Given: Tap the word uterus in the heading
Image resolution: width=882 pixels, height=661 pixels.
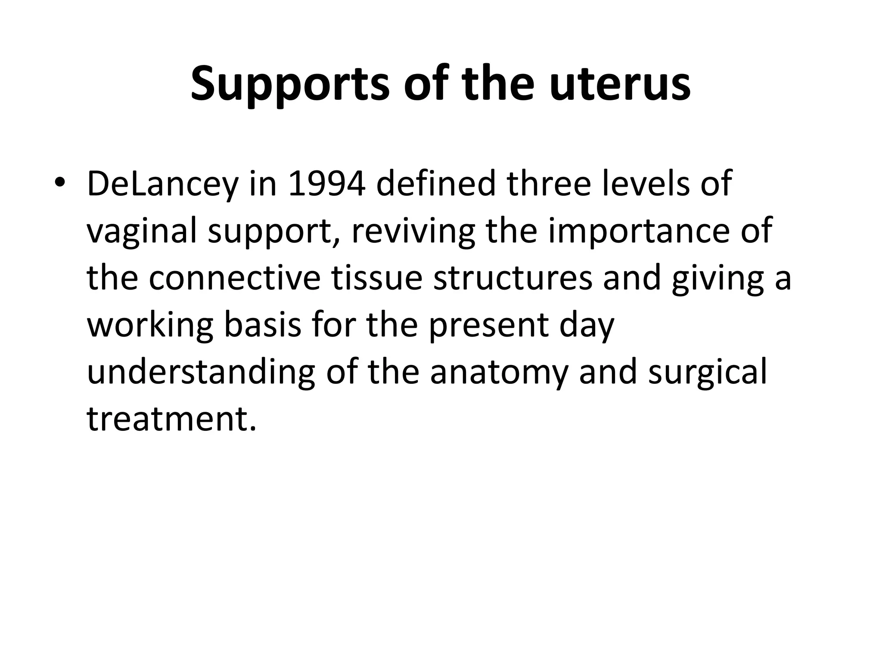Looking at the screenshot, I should pos(620,84).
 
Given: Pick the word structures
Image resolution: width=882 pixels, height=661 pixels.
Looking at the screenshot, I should pos(512,278).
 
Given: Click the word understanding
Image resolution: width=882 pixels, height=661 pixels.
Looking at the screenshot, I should pos(201,372).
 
